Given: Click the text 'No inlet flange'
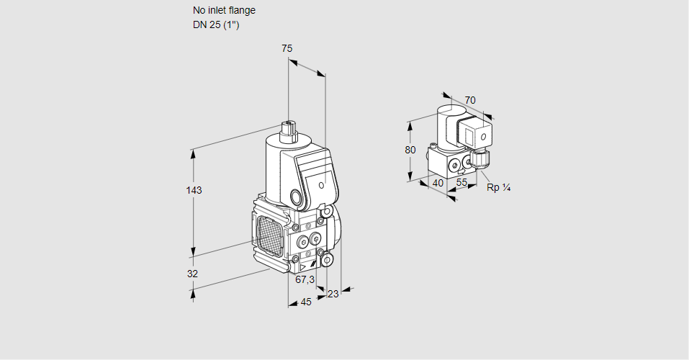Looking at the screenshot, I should [224, 11].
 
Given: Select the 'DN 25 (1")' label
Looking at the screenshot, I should [215, 24].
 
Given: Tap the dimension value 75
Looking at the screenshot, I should [287, 48].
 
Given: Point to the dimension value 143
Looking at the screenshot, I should [194, 191].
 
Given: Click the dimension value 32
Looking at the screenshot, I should [192, 274].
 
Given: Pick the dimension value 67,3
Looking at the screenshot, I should [305, 279].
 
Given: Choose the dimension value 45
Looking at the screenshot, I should [306, 302].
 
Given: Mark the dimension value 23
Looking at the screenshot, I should [333, 294].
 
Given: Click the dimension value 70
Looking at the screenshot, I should [470, 100].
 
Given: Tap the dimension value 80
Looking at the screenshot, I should [410, 150].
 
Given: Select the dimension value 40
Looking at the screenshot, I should [438, 183].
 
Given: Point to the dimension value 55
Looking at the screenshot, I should [462, 183].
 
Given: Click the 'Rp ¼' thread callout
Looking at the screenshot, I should [498, 188].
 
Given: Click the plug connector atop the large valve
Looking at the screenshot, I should [289, 131].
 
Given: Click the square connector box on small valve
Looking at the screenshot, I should [477, 135].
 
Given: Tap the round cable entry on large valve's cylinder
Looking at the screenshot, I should [296, 197].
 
